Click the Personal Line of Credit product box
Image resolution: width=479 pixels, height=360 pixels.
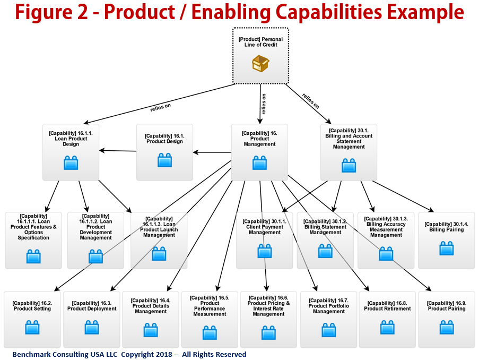tap(260, 55)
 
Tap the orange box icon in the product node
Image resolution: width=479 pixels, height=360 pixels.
tap(260, 64)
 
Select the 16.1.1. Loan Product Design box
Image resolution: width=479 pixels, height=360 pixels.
tap(71, 152)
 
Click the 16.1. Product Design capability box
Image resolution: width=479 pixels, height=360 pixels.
tap(164, 152)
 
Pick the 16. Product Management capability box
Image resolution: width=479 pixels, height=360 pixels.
tap(259, 152)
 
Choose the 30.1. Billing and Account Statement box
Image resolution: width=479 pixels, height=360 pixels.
tap(349, 152)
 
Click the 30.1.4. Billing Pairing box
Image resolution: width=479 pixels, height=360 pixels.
tap(446, 240)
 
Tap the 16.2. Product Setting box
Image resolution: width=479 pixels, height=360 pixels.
tap(32, 319)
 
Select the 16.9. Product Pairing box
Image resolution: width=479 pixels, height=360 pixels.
tap(446, 319)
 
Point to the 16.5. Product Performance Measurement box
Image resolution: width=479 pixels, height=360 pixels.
tap(209, 319)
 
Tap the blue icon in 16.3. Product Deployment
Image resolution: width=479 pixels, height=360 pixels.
tap(92, 327)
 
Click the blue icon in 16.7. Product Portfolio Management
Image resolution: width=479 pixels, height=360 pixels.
tap(328, 330)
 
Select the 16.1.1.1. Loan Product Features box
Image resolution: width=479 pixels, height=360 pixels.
tap(33, 240)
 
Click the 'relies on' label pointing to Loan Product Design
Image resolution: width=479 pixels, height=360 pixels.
tap(160, 107)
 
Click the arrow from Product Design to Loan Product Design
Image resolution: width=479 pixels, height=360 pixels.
tap(118, 151)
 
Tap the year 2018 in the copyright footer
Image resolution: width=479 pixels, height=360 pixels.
tap(159, 354)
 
